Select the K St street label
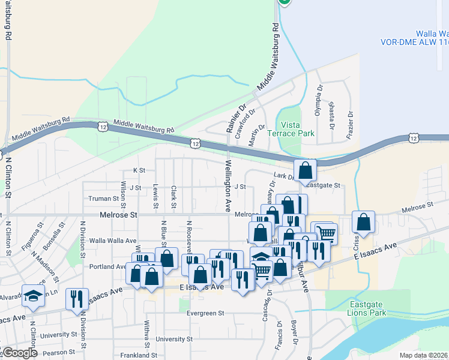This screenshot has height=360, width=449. [139, 170]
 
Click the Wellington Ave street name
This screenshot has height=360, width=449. [228, 185]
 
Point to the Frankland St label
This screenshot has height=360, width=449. [139, 355]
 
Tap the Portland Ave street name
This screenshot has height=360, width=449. [106, 266]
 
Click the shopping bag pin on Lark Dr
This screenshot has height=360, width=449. [306, 170]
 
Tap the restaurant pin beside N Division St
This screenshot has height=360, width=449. [76, 299]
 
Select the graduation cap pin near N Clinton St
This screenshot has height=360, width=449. [33, 296]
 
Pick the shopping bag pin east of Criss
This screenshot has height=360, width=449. [363, 222]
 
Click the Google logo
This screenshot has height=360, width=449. [19, 353]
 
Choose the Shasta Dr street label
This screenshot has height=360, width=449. [331, 114]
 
